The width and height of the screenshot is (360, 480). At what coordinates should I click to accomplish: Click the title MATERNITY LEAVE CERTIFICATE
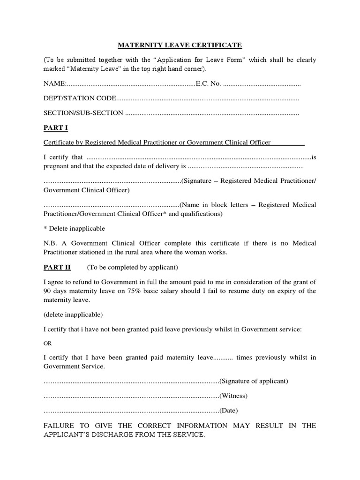(x=180, y=45)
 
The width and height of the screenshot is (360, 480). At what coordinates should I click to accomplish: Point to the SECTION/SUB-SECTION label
(x=83, y=113)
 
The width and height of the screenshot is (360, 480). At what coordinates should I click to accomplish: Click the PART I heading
(x=55, y=127)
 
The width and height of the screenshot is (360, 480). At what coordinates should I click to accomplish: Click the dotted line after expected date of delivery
(x=245, y=167)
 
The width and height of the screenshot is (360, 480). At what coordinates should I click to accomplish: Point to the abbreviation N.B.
(x=50, y=243)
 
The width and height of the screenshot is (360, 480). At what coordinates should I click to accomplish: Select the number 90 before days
(x=47, y=291)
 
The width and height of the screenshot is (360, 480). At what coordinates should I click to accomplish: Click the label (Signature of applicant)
(x=254, y=381)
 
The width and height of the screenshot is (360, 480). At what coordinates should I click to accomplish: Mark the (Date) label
(x=229, y=411)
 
